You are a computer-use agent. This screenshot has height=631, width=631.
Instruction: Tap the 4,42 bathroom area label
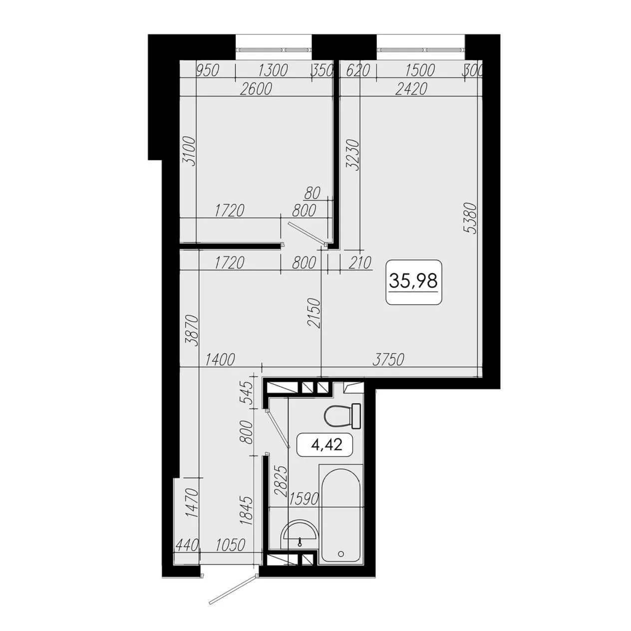[x=326, y=445]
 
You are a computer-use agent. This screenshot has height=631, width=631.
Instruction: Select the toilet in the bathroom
[x=342, y=416]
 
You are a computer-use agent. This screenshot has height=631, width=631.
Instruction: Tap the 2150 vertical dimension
[x=314, y=313]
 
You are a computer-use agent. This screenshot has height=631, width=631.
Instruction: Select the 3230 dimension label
[x=353, y=155]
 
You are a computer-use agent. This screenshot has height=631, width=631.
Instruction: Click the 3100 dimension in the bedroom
[x=189, y=152]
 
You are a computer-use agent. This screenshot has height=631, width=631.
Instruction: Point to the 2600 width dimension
[x=256, y=89]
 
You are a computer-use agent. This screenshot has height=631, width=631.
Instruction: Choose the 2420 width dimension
[x=411, y=89]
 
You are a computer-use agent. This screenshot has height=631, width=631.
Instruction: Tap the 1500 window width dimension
[x=420, y=70]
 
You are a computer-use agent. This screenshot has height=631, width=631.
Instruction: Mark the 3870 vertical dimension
[x=192, y=331]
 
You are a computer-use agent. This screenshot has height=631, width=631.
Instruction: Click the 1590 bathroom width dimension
[x=304, y=499]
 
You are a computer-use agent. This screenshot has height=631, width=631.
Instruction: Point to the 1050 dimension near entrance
[x=230, y=545]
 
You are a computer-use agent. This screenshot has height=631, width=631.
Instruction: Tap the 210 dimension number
[x=360, y=263]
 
